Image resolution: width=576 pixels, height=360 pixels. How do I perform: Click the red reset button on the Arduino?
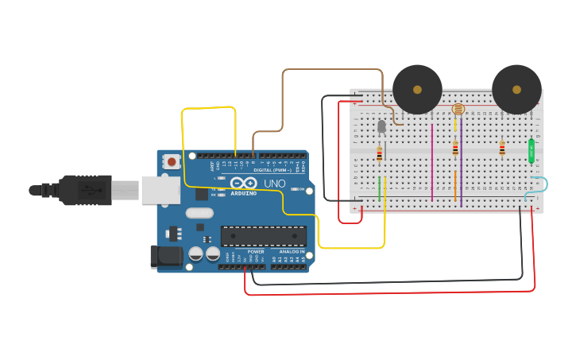pyautogui.click(x=172, y=162)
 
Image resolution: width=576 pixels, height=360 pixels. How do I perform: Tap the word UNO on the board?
pyautogui.click(x=274, y=184)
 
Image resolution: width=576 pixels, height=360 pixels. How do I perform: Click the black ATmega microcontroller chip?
pyautogui.click(x=263, y=236)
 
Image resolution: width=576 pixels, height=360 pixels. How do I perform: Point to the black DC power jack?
pyautogui.click(x=165, y=256)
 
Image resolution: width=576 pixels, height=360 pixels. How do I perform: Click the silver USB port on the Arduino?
pyautogui.click(x=160, y=191)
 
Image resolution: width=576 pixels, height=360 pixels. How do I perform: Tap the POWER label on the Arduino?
pyautogui.click(x=256, y=251)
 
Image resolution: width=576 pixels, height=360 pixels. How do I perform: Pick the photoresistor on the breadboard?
pyautogui.click(x=458, y=110)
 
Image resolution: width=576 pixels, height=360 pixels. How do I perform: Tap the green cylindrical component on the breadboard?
pyautogui.click(x=532, y=151)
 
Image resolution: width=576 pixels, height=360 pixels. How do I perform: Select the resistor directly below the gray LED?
pyautogui.click(x=379, y=154)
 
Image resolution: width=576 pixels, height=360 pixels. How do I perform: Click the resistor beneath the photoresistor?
pyautogui.click(x=455, y=149)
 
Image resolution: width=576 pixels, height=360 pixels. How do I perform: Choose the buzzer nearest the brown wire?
pyautogui.click(x=417, y=89)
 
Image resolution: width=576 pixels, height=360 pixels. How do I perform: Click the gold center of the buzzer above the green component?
pyautogui.click(x=516, y=89)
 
